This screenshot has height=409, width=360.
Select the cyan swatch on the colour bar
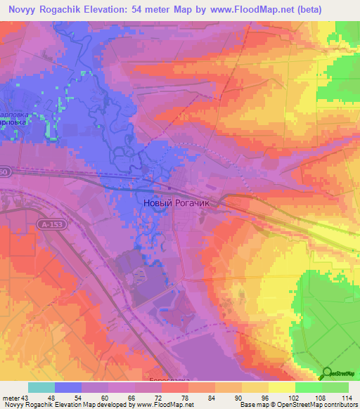41,387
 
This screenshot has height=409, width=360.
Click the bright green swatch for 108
309,387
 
